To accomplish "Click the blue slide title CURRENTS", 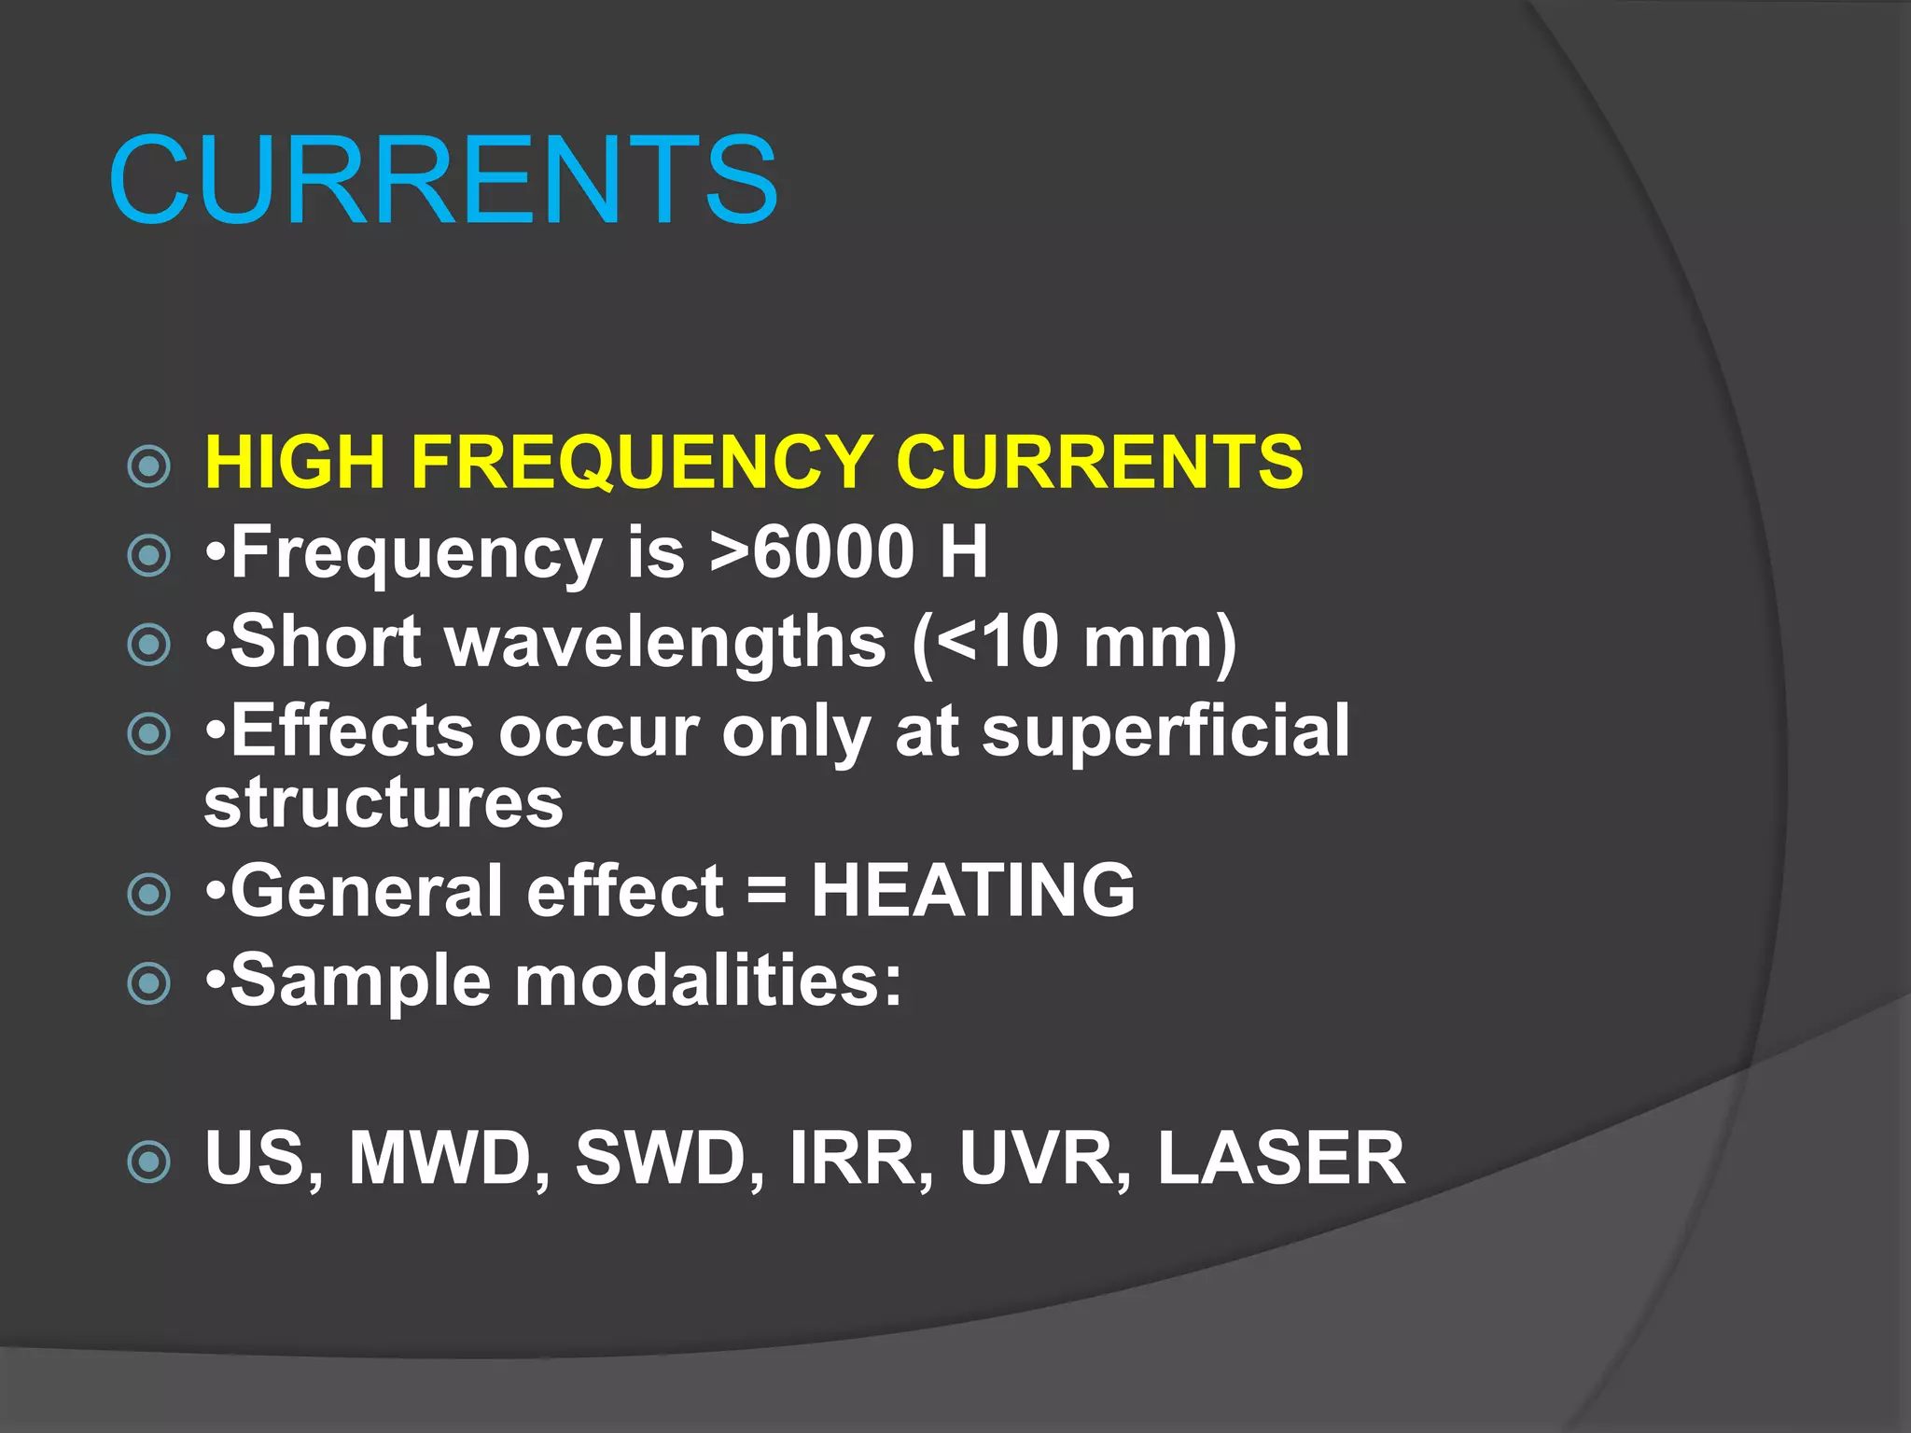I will [x=443, y=180].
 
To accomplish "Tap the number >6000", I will [x=812, y=551].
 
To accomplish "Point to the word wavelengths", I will [x=666, y=643].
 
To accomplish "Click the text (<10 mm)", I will [x=1074, y=643].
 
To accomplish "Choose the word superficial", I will [x=1165, y=730].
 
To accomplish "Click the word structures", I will [x=384, y=801].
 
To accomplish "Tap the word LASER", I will [x=1280, y=1159].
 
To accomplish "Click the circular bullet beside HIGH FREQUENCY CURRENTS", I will [x=149, y=466].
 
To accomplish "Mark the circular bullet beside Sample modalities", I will [x=149, y=983].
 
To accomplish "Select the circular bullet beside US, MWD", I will [x=149, y=1162].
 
